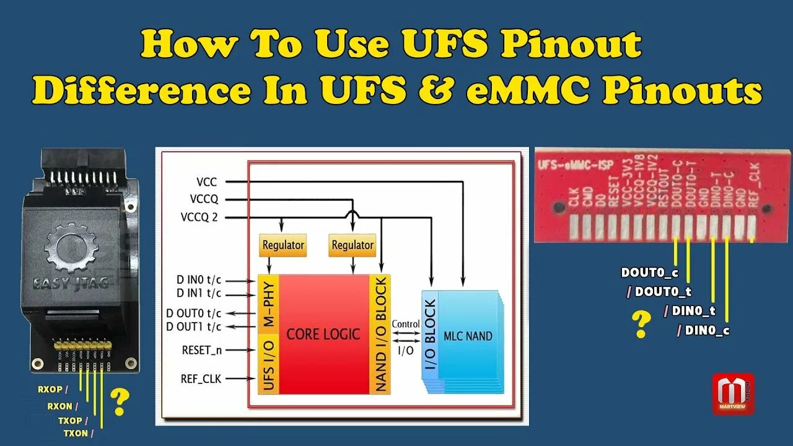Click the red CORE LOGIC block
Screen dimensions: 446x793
[323, 334]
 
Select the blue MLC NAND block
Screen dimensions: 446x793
[468, 336]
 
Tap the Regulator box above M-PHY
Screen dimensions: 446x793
[283, 245]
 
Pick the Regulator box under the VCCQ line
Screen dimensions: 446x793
[352, 245]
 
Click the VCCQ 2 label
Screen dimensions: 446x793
[203, 217]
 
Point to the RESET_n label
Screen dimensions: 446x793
[202, 350]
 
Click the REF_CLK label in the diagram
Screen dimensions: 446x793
[201, 378]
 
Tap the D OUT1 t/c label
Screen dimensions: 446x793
[193, 326]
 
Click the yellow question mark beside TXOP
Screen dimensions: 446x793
[119, 401]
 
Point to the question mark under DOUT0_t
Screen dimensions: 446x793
[642, 325]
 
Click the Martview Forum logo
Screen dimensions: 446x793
[733, 393]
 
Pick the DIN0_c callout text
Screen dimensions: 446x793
[707, 331]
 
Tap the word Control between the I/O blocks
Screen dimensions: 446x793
[406, 324]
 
